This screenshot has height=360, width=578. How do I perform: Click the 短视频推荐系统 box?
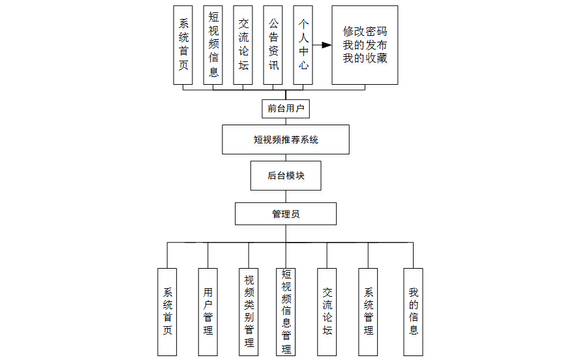[x=286, y=140]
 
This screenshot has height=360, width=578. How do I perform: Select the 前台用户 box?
[x=286, y=108]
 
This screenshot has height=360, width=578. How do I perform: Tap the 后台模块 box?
[x=286, y=175]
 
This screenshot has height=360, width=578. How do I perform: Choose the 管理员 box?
[x=286, y=214]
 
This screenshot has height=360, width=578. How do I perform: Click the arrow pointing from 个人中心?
[x=321, y=46]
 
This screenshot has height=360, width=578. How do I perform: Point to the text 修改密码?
[x=365, y=31]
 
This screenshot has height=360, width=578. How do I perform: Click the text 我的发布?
[x=365, y=45]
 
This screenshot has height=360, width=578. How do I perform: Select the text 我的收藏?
[x=365, y=59]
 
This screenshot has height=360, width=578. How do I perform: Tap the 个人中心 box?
[x=303, y=45]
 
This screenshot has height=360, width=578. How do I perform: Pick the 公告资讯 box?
[x=273, y=45]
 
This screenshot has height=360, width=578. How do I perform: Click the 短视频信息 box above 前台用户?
[x=213, y=45]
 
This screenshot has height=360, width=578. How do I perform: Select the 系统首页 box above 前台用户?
[x=183, y=45]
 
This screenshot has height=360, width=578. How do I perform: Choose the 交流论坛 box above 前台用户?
[x=243, y=45]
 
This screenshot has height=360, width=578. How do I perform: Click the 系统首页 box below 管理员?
[x=167, y=311]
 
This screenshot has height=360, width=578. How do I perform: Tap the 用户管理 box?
[x=208, y=311]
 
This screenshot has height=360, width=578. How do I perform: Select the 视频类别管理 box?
[x=249, y=311]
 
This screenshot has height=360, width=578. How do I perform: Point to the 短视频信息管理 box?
[x=286, y=311]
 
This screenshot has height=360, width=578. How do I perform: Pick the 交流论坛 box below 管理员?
[x=327, y=311]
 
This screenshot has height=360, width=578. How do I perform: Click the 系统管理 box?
[x=368, y=311]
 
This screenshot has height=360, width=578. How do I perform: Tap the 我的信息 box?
[x=413, y=311]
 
